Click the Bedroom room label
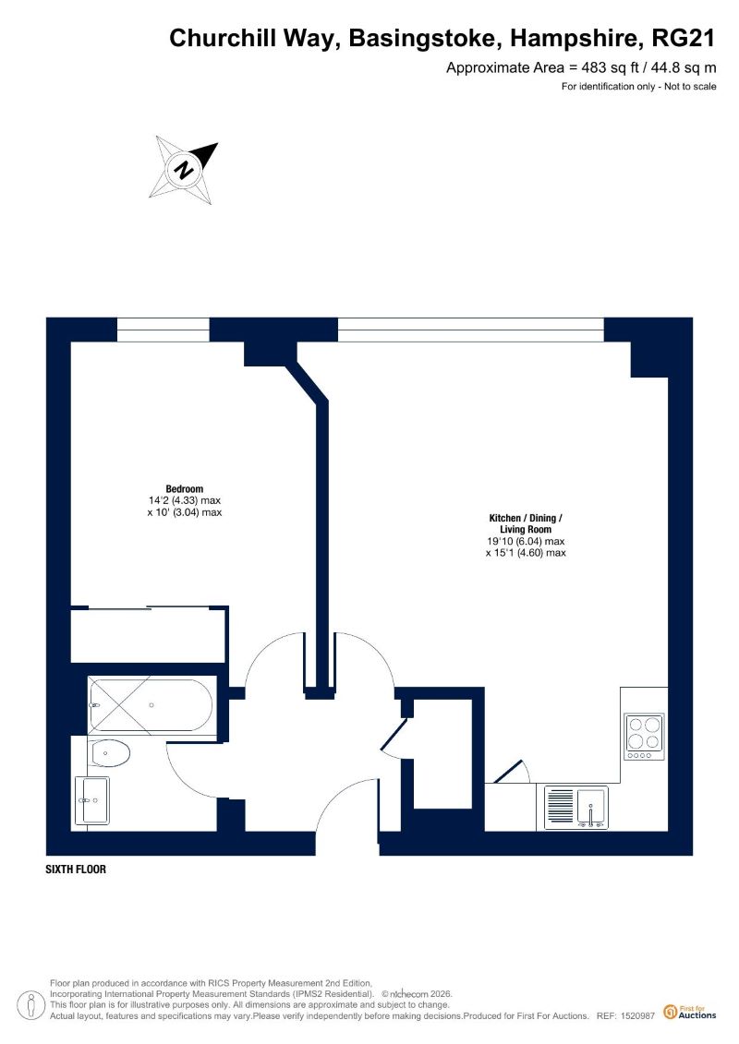185,488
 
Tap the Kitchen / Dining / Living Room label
526,523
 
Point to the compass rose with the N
184,169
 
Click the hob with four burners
644,737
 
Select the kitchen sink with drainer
576,808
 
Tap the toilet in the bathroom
109,752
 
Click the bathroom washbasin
92,800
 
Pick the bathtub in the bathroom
151,705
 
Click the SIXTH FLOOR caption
76,869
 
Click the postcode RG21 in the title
683,38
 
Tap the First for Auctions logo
690,1012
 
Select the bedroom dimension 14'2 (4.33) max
185,500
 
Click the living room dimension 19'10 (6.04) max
526,541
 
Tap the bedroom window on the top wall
164,330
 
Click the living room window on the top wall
471,330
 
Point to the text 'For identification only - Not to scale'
639,86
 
